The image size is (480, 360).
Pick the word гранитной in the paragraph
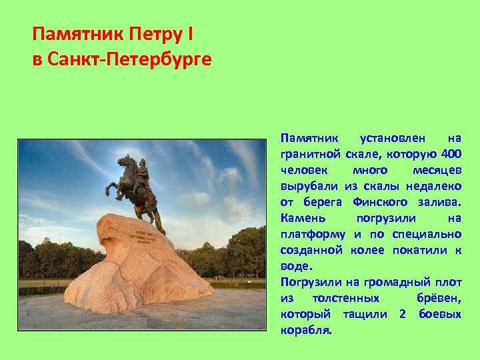pyautogui.click(x=311, y=155)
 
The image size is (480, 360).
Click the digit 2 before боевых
pyautogui.click(x=403, y=314)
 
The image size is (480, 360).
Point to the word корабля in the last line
pyautogui.click(x=305, y=330)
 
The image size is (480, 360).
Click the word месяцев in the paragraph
pyautogui.click(x=437, y=171)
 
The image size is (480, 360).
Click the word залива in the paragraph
pyautogui.click(x=441, y=202)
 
